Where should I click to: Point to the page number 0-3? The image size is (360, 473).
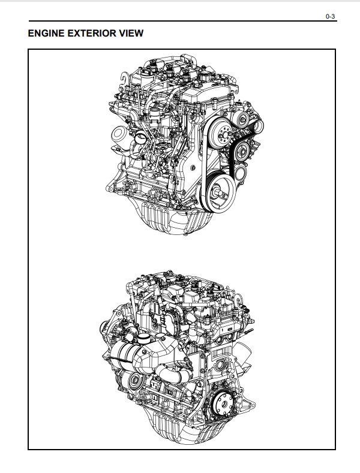(330, 16)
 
